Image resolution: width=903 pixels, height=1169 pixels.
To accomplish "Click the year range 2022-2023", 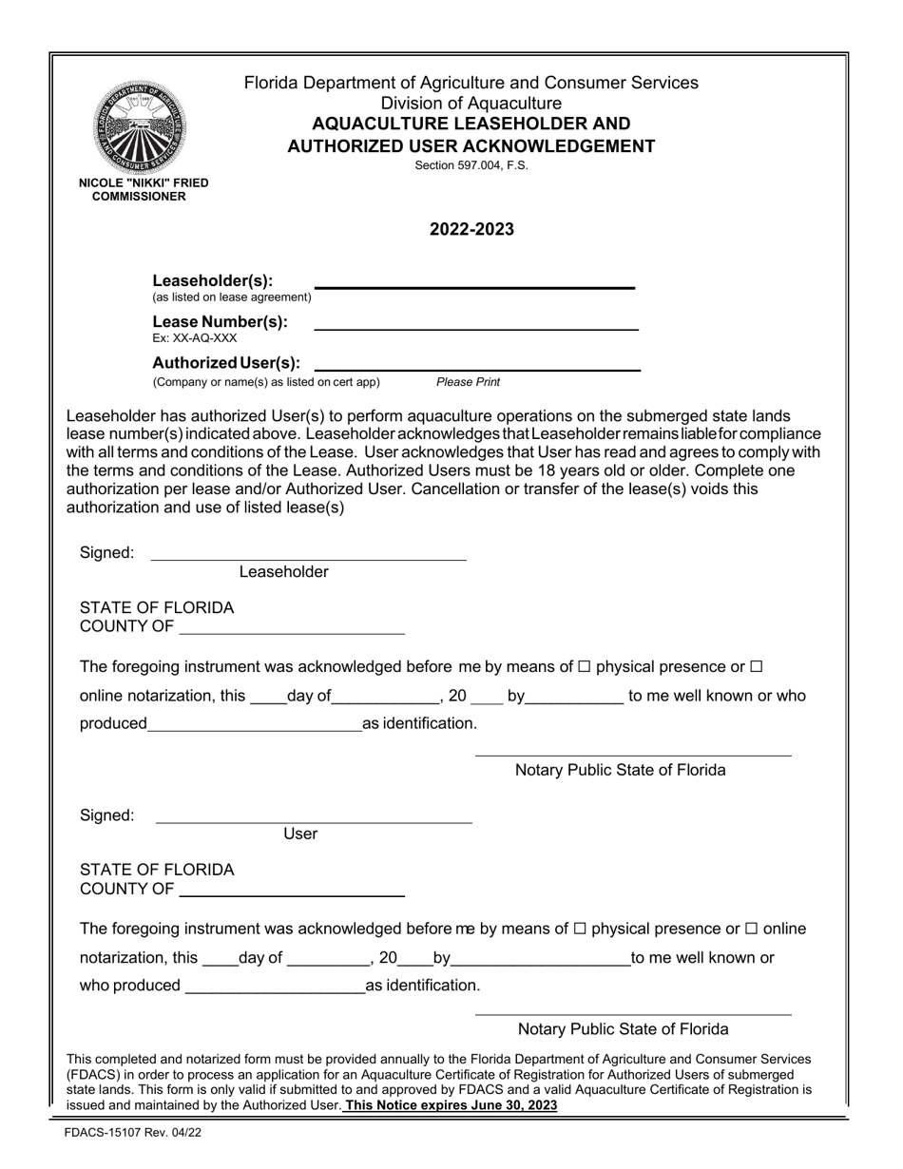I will coord(471,230).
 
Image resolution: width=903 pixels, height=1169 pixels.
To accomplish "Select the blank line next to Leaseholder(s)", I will coord(474,285).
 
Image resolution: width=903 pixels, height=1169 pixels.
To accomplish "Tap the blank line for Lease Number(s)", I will coord(475,329).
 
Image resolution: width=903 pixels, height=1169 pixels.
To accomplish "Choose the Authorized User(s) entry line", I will coord(476,369).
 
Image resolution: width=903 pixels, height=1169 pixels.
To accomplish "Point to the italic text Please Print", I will coord(468,382).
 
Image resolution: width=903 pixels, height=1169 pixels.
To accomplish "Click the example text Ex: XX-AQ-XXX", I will coord(195,338).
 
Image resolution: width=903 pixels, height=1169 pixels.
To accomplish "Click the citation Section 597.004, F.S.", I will coord(471,165).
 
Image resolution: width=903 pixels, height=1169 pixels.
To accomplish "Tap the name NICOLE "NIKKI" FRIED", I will coord(144,182).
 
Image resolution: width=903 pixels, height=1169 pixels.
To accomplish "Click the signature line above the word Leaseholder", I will coord(309,559).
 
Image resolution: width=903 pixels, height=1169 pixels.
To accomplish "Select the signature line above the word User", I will coord(314,821).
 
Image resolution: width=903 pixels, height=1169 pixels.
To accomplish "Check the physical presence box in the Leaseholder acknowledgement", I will coord(585,667).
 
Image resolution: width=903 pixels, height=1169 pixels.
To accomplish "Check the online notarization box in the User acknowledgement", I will coord(751,929).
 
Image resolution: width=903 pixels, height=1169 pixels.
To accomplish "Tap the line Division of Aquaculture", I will coord(471,104).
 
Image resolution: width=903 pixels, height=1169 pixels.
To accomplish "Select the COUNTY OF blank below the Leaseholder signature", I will coord(292,632).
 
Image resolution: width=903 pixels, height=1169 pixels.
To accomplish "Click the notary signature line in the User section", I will coord(633,1014).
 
